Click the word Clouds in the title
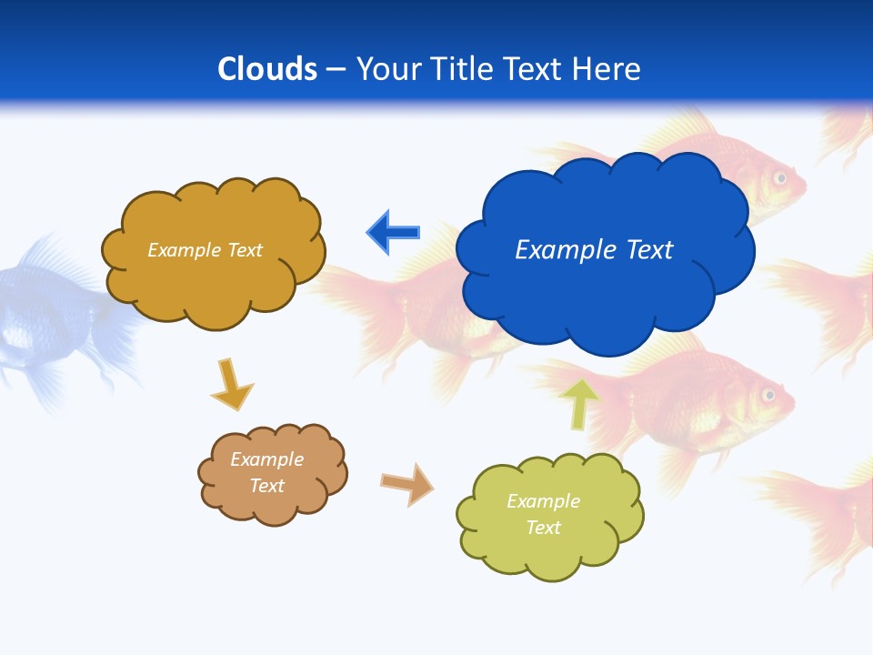(267, 69)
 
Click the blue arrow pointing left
(393, 232)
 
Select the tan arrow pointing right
(406, 483)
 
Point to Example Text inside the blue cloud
(594, 250)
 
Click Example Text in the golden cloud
(205, 250)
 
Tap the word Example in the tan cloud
(266, 459)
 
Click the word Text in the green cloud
(543, 528)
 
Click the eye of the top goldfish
(779, 177)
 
